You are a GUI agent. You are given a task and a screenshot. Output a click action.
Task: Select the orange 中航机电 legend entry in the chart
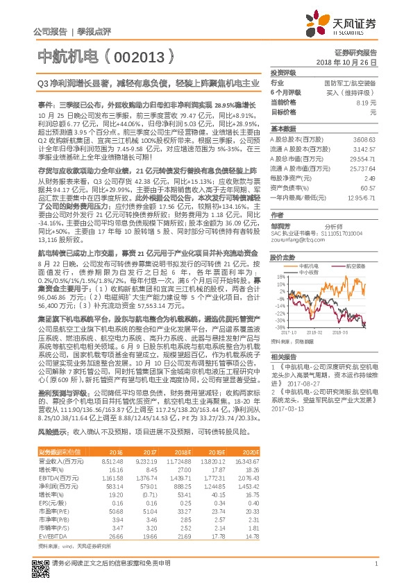310,266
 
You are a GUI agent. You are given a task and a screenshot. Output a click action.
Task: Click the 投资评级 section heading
283,72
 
